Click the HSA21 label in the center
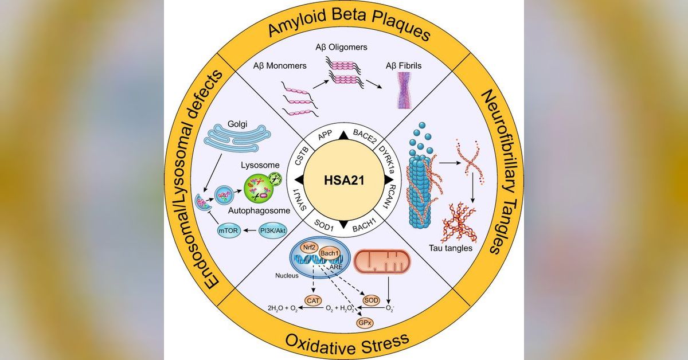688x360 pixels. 343,180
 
